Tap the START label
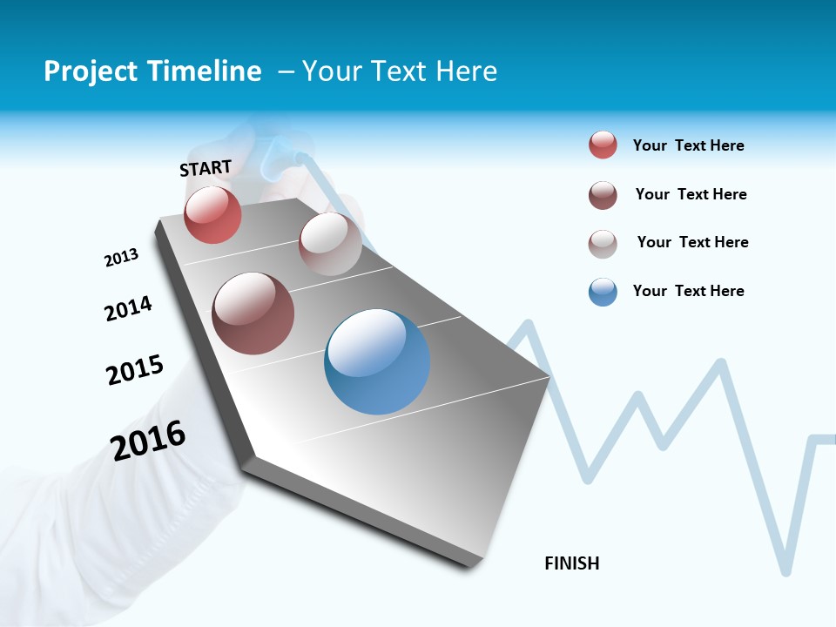206,168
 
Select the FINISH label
572,563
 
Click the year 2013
121,258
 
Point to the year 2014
128,308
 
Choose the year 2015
135,370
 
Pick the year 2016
148,440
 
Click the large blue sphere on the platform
377,361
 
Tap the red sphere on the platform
212,214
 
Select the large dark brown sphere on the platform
253,313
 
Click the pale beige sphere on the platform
330,244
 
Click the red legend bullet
603,145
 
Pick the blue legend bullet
603,292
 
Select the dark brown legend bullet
603,195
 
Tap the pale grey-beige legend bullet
603,244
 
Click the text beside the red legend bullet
688,145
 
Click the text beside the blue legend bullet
688,291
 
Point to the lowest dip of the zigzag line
786,570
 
